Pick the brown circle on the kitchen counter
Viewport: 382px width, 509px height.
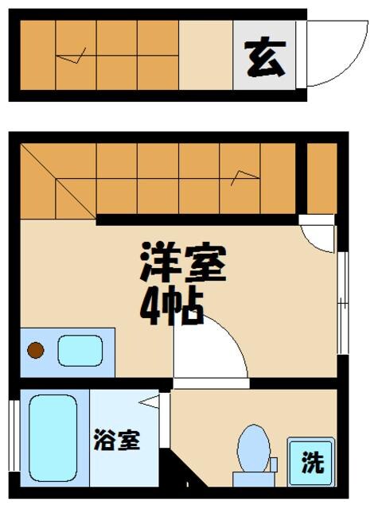click(35, 349)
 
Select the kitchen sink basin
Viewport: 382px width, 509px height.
click(80, 351)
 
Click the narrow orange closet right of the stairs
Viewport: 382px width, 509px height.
click(321, 178)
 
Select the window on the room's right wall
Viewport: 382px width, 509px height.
click(341, 303)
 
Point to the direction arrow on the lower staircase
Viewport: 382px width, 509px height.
click(243, 176)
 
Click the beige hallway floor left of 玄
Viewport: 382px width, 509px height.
click(205, 55)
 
